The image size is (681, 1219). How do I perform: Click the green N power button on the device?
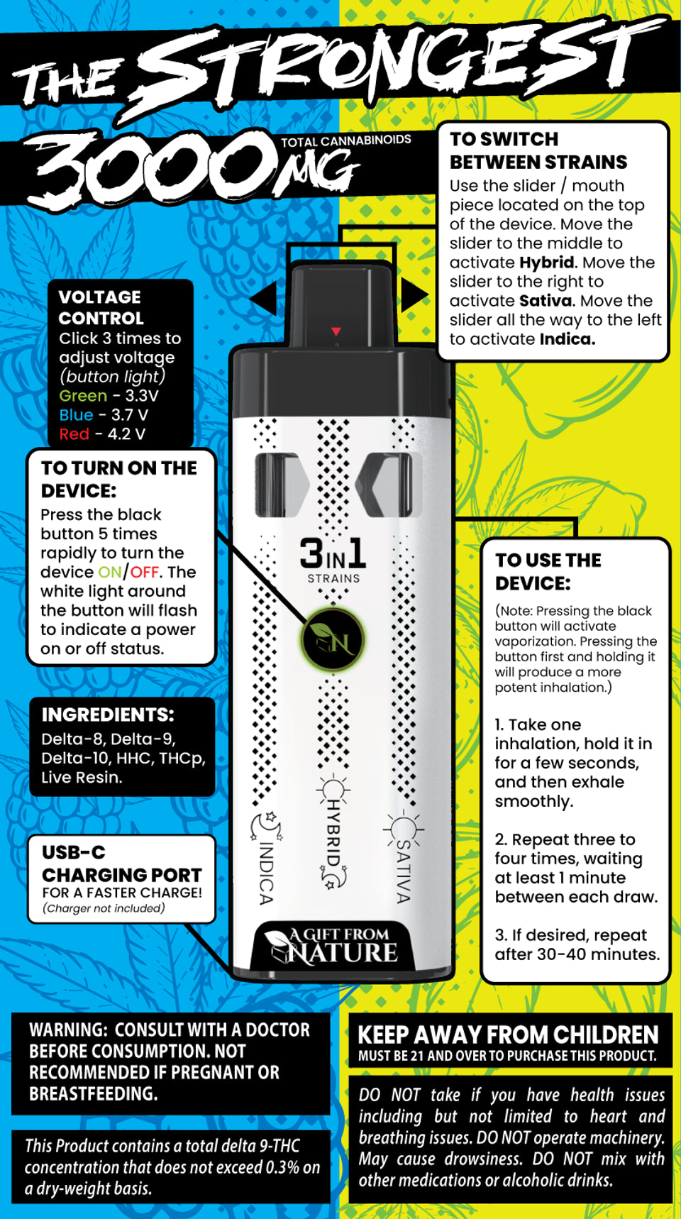click(x=333, y=640)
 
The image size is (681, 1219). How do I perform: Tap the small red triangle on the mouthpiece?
click(x=336, y=331)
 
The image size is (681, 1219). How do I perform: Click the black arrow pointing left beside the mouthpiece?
click(x=263, y=297)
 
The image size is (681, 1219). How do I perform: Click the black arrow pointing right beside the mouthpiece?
click(x=414, y=294)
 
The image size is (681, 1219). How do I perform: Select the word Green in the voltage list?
click(x=83, y=396)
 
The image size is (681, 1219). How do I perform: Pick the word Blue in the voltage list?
click(x=76, y=415)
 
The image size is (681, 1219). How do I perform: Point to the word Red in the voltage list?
click(x=74, y=434)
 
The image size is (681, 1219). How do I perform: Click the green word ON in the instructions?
click(x=110, y=572)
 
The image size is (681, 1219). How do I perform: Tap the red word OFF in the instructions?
click(x=144, y=572)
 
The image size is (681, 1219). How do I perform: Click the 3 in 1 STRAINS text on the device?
click(x=333, y=561)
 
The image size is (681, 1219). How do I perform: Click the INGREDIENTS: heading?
click(x=108, y=715)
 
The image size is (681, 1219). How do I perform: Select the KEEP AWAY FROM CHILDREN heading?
click(x=508, y=1035)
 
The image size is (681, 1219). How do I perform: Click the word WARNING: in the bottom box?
click(x=67, y=1030)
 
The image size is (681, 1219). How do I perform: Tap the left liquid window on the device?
click(x=281, y=485)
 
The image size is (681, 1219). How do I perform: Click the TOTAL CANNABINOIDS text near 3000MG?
click(x=346, y=140)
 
